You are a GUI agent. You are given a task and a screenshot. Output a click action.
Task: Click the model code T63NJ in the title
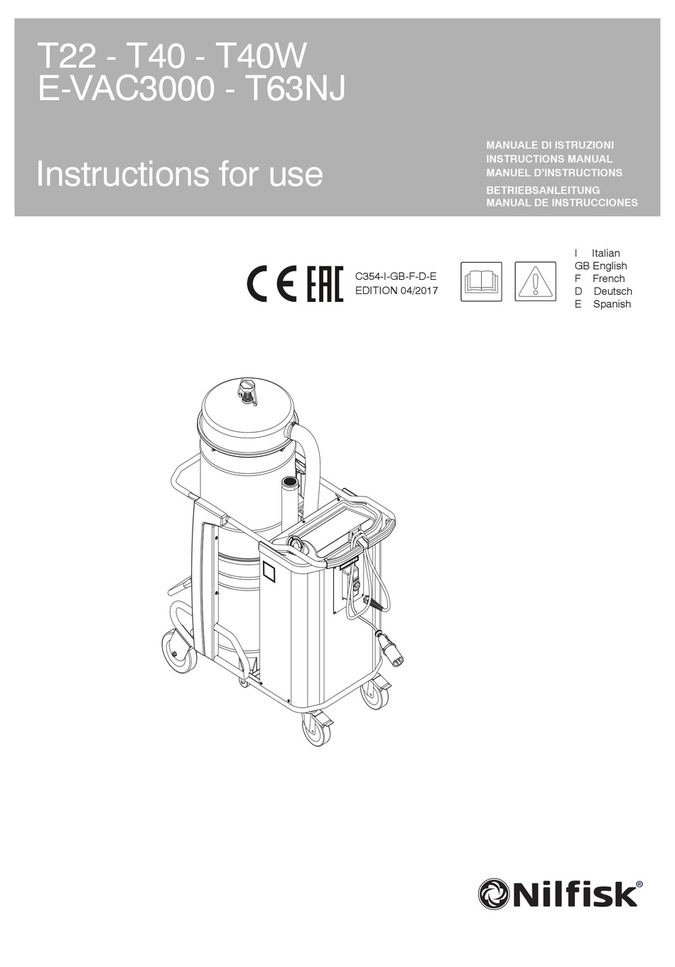(x=295, y=89)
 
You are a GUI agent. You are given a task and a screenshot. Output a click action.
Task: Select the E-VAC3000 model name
(x=126, y=89)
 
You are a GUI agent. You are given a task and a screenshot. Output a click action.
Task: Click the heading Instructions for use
(x=180, y=174)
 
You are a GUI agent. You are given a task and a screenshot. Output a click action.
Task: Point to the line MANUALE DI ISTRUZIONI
(x=550, y=145)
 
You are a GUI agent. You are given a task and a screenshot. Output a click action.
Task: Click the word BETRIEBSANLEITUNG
(x=543, y=190)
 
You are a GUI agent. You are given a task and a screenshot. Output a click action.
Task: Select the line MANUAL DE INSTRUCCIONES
(x=562, y=202)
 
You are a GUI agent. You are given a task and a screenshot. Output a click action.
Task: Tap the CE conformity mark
(x=271, y=283)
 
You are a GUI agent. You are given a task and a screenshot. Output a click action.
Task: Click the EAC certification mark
(x=325, y=283)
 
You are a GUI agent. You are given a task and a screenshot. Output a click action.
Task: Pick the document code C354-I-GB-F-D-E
(x=396, y=276)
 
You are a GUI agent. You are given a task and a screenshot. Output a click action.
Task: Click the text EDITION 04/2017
(x=396, y=291)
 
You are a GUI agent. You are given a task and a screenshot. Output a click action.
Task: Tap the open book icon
(x=481, y=282)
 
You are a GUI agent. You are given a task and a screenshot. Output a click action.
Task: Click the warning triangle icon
(x=535, y=282)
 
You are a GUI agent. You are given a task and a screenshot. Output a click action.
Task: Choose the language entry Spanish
(x=612, y=304)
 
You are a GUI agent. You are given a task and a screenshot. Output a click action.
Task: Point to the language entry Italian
(x=605, y=253)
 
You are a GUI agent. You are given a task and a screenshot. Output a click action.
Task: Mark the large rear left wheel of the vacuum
(x=178, y=652)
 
